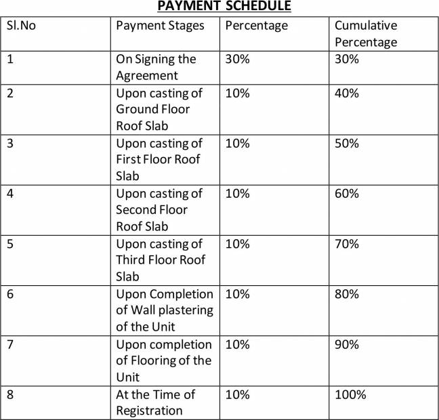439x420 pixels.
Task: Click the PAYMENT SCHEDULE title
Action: coord(224,6)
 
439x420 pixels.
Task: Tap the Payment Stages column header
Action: coord(160,26)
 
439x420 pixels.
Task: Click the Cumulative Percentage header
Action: coord(366,34)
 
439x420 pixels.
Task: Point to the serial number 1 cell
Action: coord(11,59)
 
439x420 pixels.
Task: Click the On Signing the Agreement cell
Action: coord(156,67)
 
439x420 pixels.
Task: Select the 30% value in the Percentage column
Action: coord(237,59)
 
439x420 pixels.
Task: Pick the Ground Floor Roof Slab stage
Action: coord(159,109)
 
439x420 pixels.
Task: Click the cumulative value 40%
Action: coord(346,93)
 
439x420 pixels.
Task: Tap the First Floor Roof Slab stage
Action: coord(159,159)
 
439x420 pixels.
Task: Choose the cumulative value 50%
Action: coord(346,143)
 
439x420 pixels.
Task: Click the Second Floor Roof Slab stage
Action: coord(159,209)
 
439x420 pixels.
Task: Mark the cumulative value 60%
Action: coord(346,193)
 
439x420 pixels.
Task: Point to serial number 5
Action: coord(11,243)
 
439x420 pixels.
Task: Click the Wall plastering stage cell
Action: coord(164,310)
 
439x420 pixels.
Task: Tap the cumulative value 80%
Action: coord(346,293)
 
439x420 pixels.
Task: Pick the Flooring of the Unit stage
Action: coord(163,360)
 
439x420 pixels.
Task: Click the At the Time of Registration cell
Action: coord(156,402)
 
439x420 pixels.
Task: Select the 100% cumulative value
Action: coord(350,394)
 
